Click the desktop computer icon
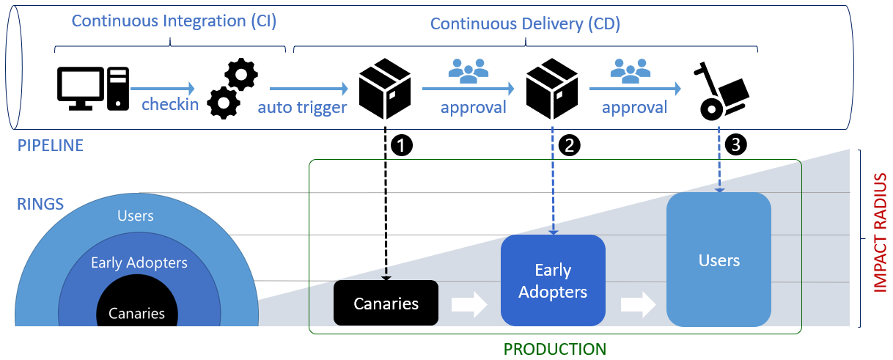click(92, 89)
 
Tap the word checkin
click(170, 104)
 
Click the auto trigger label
click(302, 108)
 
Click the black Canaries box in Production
click(386, 303)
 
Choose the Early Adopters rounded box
click(553, 281)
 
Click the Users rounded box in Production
click(719, 260)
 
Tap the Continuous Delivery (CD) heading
click(525, 23)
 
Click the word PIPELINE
click(50, 146)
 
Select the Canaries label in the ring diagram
click(136, 314)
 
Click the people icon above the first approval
click(468, 70)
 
